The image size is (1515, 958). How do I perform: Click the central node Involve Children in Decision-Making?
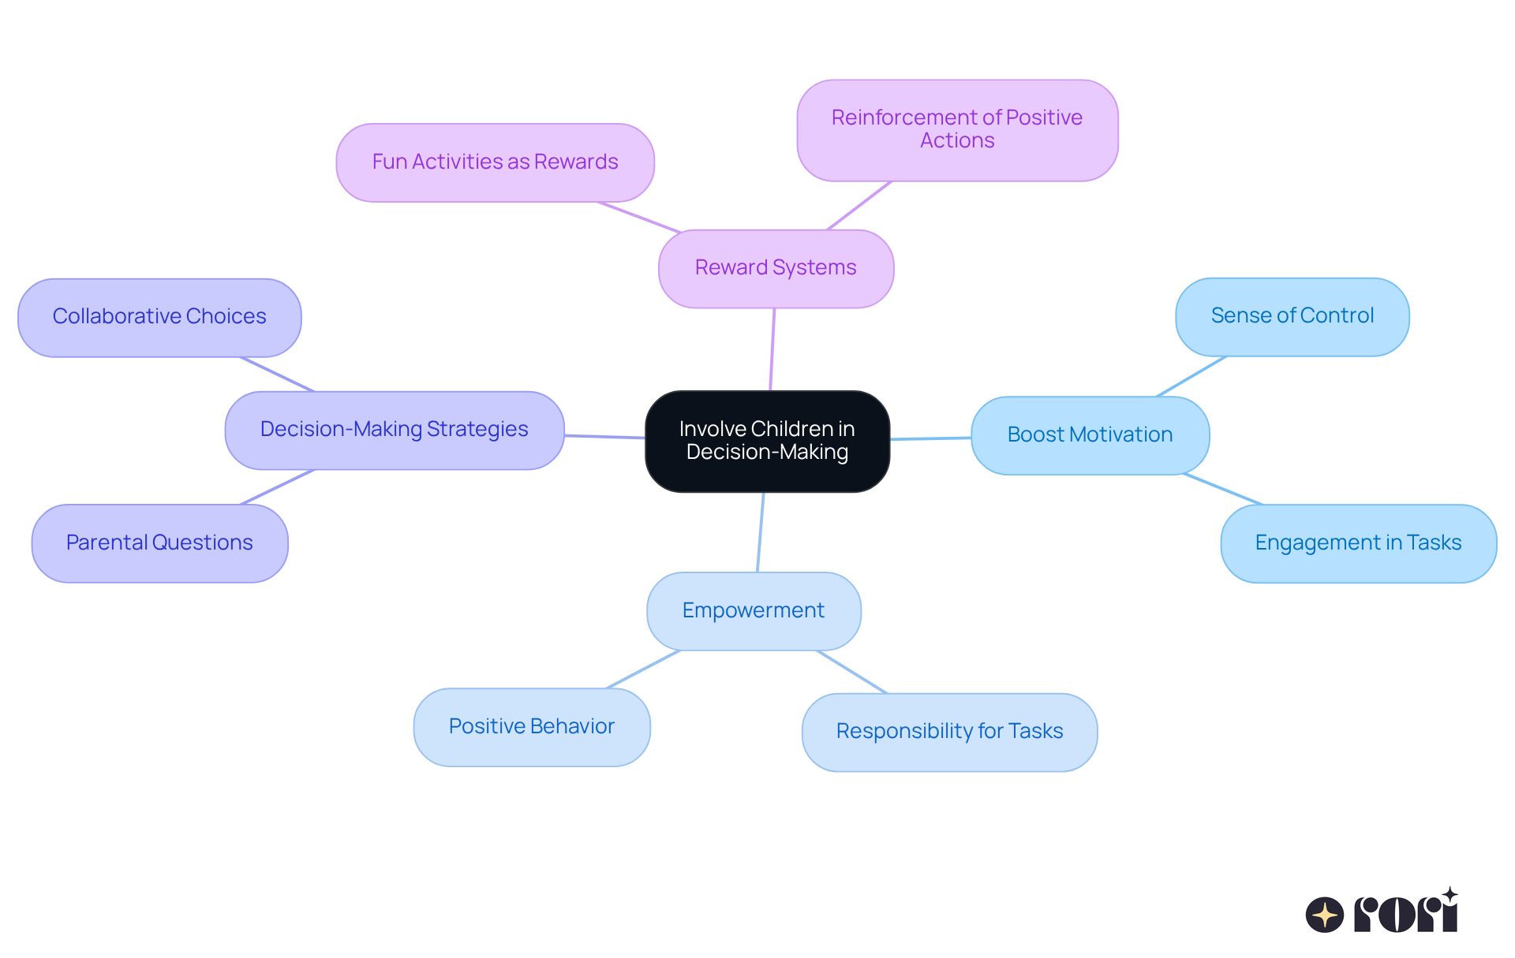[x=767, y=441]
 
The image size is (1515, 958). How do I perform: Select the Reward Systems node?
[x=776, y=268]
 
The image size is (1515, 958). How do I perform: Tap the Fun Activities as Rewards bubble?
[x=495, y=162]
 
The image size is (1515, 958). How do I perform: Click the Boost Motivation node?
[x=1090, y=435]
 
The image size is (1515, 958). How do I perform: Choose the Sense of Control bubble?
[x=1292, y=316]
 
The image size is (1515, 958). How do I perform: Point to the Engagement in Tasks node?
[x=1358, y=543]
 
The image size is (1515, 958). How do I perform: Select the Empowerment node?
[x=753, y=611]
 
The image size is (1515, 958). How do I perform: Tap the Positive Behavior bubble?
[x=531, y=727]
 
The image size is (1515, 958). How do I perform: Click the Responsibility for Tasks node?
[x=949, y=732]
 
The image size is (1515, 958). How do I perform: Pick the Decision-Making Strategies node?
[x=394, y=430]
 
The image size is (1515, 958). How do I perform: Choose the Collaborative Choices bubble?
[x=159, y=317]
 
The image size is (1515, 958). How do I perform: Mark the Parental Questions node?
[x=159, y=543]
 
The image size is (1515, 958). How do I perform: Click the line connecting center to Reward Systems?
[x=772, y=349]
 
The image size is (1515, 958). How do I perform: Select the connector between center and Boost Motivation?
[x=931, y=438]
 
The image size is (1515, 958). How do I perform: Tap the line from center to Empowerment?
[x=761, y=532]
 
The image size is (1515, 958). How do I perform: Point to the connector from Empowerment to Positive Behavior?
[x=643, y=669]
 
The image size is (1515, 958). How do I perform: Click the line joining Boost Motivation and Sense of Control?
[x=1191, y=376]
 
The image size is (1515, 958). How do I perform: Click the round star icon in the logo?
[x=1324, y=915]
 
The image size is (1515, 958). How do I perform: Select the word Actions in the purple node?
[x=957, y=141]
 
